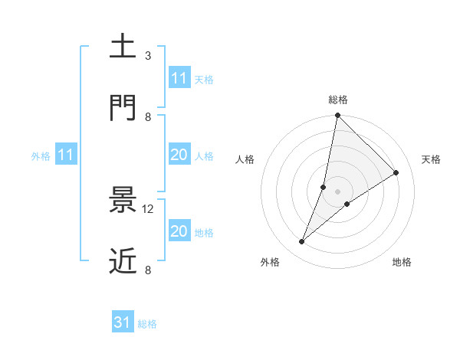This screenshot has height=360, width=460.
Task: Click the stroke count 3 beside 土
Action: pos(148,56)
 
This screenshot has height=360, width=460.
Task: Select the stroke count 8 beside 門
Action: pos(148,116)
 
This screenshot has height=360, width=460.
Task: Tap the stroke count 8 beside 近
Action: pos(148,270)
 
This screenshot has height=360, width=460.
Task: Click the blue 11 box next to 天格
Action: pos(179,78)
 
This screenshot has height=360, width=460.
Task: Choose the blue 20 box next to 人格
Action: pos(179,155)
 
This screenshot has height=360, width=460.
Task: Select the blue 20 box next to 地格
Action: pos(179,231)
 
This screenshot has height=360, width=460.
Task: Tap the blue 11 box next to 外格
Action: pos(66,155)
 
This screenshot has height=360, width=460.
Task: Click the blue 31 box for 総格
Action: pos(123,322)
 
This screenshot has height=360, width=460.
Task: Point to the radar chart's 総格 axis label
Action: pos(337,100)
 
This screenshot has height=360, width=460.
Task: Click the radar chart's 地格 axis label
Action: pos(402,262)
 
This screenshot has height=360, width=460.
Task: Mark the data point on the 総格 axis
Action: pos(337,115)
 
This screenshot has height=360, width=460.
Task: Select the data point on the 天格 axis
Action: pos(396,172)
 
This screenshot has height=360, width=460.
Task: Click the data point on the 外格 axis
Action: pos(302,242)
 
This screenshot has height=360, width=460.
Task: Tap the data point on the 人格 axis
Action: pos(324,187)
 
